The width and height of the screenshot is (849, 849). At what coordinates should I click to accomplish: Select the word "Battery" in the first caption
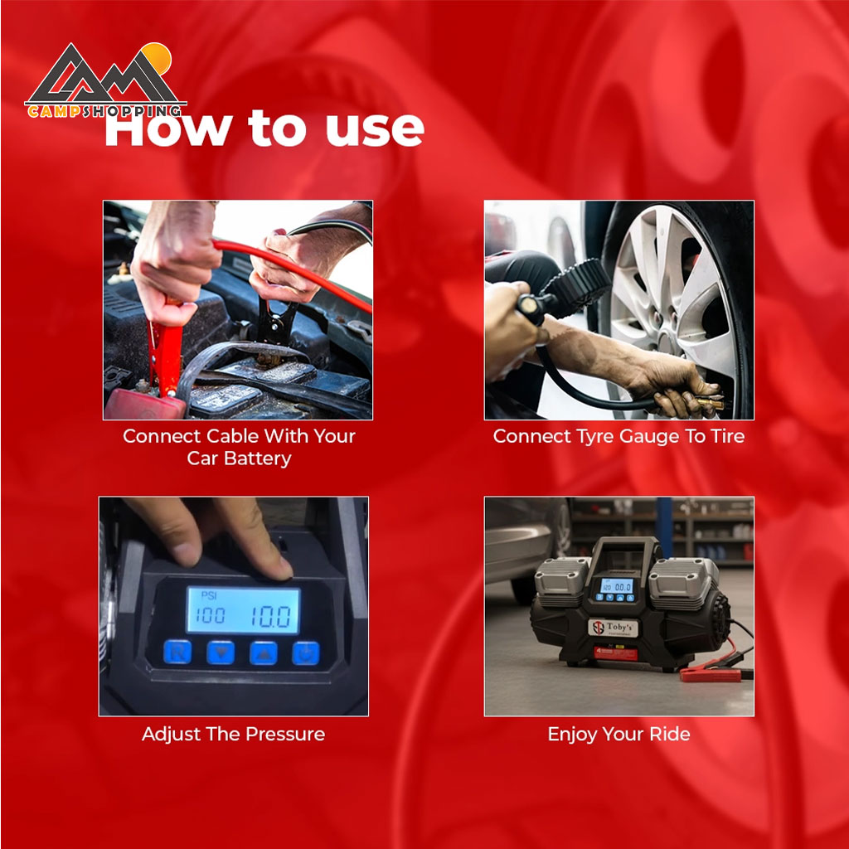[258, 458]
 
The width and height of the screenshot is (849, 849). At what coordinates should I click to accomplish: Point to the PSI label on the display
[208, 595]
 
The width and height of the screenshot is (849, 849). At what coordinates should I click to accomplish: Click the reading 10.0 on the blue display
[270, 617]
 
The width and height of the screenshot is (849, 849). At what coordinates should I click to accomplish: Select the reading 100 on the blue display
[210, 616]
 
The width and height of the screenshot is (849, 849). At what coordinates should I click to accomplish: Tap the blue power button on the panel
[306, 653]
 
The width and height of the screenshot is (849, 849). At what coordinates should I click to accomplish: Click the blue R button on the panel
[177, 652]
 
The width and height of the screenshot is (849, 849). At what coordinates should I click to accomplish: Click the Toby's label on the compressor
[614, 628]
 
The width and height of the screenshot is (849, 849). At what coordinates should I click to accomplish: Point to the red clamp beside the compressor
[710, 673]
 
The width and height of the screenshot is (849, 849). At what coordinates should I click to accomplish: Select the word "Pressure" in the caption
[285, 735]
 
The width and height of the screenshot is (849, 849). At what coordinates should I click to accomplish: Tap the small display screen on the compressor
[616, 586]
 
